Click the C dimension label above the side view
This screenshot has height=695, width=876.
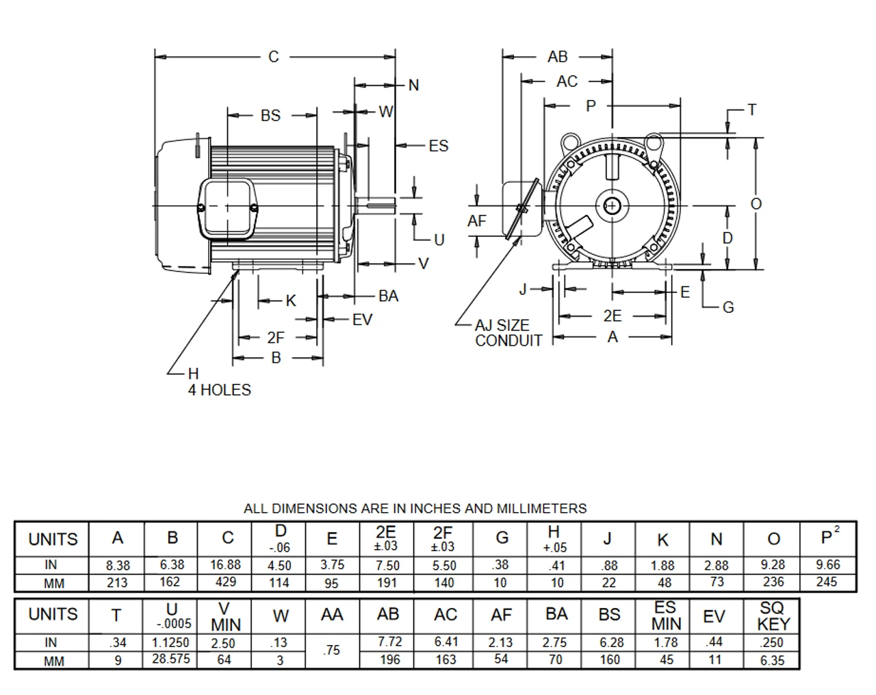click(x=274, y=57)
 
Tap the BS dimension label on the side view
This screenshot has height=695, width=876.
click(x=271, y=116)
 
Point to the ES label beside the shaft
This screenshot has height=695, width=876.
click(x=439, y=146)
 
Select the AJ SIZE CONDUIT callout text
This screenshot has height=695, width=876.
click(x=508, y=333)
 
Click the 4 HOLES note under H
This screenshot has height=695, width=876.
click(x=220, y=390)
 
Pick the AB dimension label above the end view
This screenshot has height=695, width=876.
click(x=557, y=57)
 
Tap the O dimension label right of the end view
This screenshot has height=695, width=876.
click(x=756, y=203)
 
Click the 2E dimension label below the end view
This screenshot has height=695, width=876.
click(x=613, y=316)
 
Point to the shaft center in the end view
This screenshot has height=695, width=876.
click(x=612, y=206)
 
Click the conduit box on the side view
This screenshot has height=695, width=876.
click(x=227, y=208)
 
